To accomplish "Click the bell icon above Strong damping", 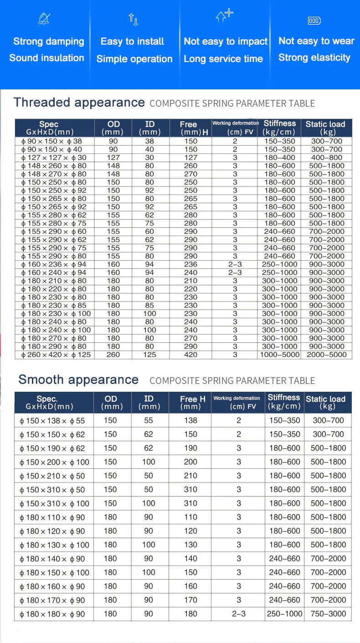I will click(44, 19).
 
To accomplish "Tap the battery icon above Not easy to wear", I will click(314, 21).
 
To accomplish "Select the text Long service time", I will click(223, 59).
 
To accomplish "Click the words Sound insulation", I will click(46, 58).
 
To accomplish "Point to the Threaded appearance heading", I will click(79, 102).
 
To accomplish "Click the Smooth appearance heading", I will click(78, 379).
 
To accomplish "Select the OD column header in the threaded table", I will click(113, 128).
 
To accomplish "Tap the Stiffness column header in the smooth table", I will click(284, 402).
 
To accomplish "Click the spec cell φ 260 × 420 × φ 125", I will click(56, 355).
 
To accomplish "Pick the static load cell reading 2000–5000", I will click(326, 355).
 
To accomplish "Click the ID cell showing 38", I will click(149, 141).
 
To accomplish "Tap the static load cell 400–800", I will click(326, 158).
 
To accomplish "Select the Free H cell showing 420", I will click(190, 355).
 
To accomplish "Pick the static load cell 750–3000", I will click(328, 614).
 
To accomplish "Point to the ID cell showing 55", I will click(149, 420).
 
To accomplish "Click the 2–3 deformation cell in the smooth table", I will click(238, 614).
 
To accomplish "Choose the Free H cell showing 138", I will click(190, 420).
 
